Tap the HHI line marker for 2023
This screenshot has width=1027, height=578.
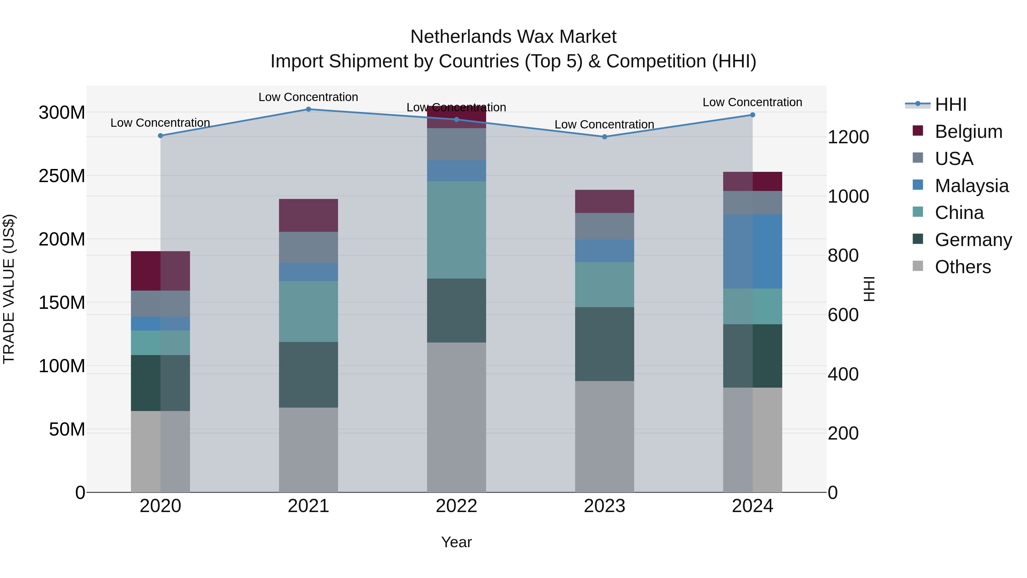[x=605, y=137]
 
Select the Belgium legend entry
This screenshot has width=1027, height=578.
[x=968, y=132]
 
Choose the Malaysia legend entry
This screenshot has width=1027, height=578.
[x=971, y=186]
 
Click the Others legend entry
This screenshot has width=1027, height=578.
[x=963, y=267]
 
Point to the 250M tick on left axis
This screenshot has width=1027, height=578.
[x=62, y=176]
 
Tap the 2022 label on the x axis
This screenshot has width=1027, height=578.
[x=456, y=506]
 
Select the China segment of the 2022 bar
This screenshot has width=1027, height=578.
[x=456, y=230]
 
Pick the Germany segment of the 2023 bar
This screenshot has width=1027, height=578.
[x=605, y=344]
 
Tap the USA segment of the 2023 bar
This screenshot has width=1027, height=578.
[x=605, y=226]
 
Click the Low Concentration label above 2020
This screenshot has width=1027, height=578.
[x=160, y=123]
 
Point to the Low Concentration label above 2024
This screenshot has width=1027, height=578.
[x=752, y=102]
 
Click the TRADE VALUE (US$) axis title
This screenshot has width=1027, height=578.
[x=9, y=289]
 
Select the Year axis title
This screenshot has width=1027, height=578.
[x=456, y=542]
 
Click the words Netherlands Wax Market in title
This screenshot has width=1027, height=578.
[x=513, y=37]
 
